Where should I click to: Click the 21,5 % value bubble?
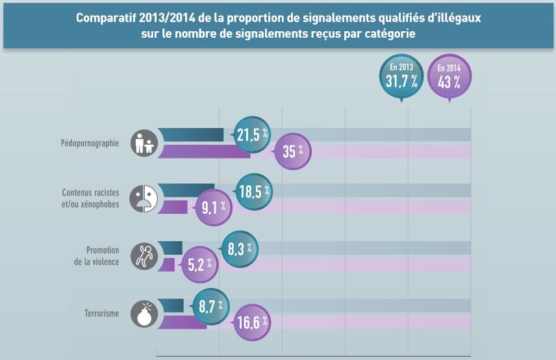(252, 135)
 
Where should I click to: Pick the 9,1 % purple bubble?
(214, 208)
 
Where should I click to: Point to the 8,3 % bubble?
(240, 248)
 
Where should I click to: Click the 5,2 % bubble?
(200, 264)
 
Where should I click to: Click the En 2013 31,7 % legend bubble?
(401, 77)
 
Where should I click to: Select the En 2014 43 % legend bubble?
(449, 77)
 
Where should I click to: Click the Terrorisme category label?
(101, 313)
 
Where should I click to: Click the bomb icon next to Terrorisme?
(143, 313)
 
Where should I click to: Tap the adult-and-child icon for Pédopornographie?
(144, 143)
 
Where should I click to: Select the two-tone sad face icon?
(143, 198)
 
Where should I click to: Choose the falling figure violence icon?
(143, 255)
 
